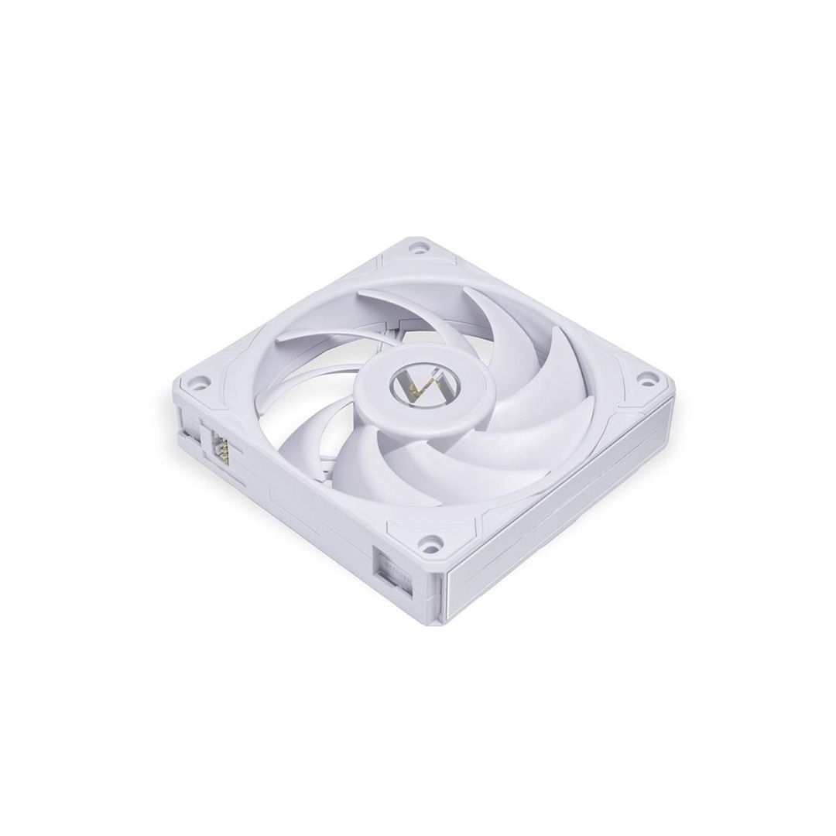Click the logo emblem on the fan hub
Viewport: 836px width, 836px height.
coord(411,383)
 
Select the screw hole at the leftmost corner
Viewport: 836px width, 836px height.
coord(200,382)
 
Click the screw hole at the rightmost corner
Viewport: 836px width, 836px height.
coord(642,381)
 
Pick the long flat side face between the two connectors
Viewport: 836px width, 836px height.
coord(302,511)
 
